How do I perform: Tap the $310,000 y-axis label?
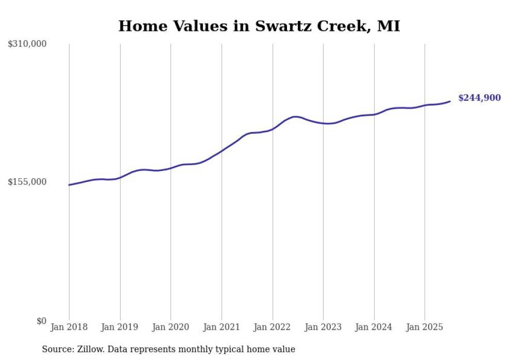(27, 44)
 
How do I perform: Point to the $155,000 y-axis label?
(27, 182)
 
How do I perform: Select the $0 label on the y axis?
(41, 321)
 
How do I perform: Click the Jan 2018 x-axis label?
(69, 327)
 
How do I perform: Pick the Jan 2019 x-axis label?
(120, 327)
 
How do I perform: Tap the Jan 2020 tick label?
(171, 327)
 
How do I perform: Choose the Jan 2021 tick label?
(222, 327)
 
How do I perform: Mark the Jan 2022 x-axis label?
(273, 327)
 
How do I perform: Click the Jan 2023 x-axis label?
(323, 327)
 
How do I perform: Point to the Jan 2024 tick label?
(374, 327)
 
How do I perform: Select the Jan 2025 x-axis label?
(425, 327)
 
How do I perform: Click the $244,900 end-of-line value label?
(479, 98)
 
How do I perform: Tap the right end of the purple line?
(450, 101)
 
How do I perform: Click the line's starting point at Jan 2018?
(69, 185)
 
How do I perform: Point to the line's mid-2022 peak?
(295, 117)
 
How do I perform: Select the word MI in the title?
(389, 26)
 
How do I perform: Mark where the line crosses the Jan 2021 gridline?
(222, 151)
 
